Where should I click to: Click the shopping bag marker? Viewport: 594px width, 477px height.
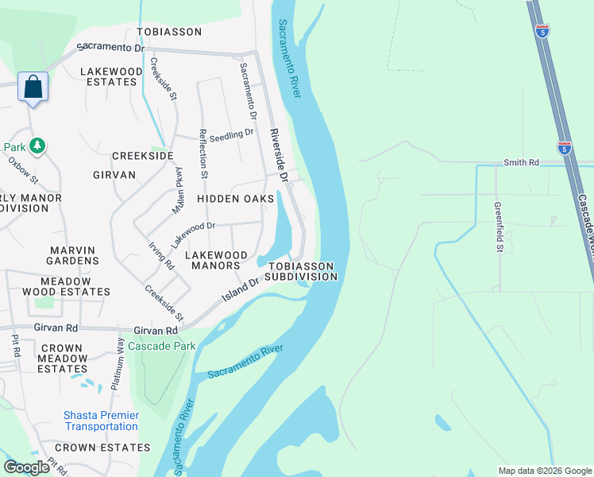[33, 87]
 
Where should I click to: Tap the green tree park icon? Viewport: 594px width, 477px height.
[37, 145]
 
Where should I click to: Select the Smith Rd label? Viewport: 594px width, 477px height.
[521, 162]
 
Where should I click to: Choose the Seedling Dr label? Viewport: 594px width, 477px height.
[232, 134]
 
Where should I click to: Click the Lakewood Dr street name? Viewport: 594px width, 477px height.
[194, 227]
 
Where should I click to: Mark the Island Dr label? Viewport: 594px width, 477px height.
[241, 289]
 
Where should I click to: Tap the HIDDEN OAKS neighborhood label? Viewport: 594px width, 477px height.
[235, 198]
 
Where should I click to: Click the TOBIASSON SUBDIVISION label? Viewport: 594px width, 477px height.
[301, 271]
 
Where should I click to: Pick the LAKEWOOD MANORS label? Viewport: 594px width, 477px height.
[212, 260]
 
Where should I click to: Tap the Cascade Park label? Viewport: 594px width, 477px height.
[162, 347]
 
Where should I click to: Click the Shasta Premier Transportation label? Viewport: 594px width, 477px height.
[101, 421]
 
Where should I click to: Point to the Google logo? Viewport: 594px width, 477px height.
[26, 467]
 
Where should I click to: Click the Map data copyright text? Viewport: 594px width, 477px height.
[545, 471]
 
